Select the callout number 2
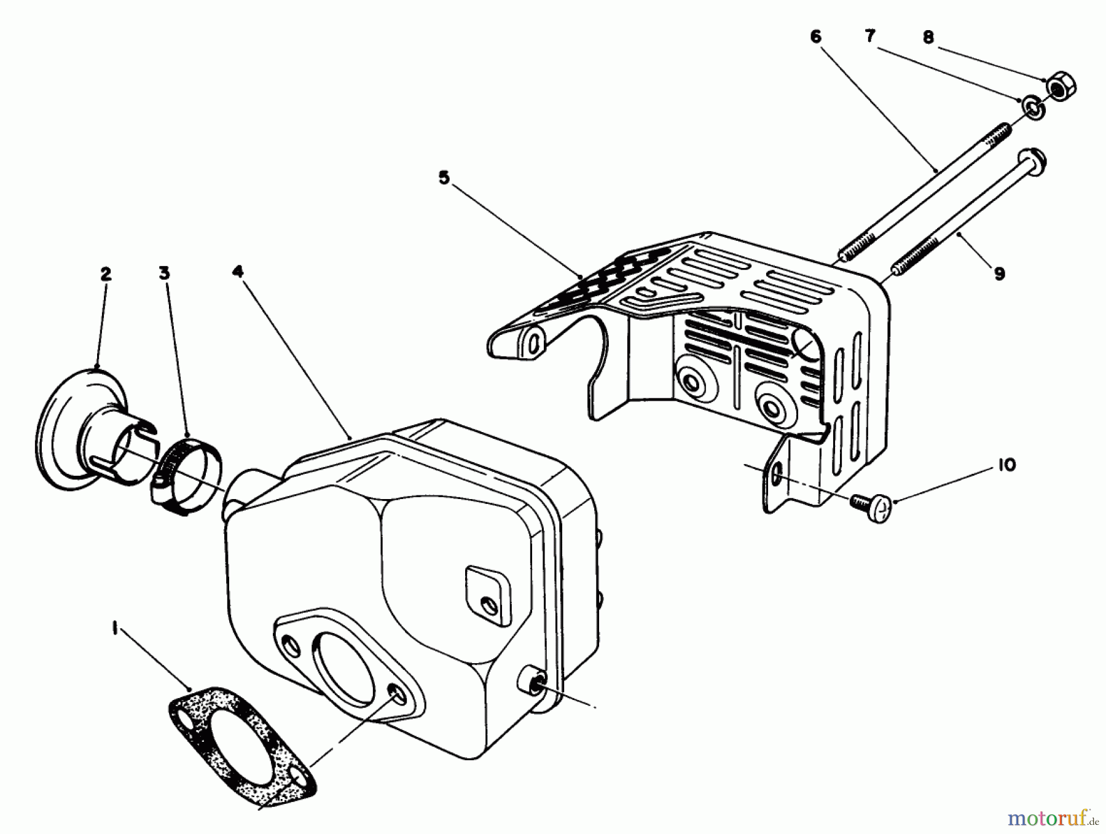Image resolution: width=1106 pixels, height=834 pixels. click(106, 274)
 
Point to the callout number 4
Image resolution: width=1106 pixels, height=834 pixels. click(238, 271)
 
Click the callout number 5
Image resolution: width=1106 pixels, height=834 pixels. click(444, 178)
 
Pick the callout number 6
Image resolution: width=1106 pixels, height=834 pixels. click(815, 37)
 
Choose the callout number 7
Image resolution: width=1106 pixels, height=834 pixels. click(869, 36)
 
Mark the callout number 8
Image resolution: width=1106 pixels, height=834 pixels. click(928, 37)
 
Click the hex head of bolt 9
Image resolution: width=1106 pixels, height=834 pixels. click(1033, 162)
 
